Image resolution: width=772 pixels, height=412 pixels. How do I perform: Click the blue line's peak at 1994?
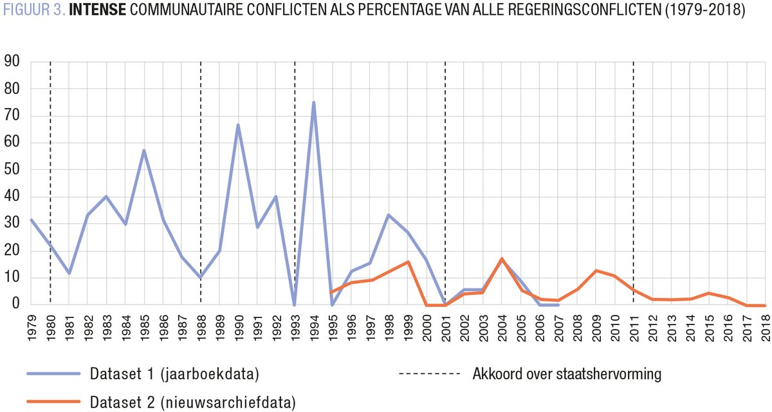click(313, 102)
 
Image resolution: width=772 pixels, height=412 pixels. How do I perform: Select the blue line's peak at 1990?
click(238, 125)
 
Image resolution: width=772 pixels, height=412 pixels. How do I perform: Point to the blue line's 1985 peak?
click(144, 151)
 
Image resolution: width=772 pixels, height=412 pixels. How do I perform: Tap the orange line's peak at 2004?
click(501, 259)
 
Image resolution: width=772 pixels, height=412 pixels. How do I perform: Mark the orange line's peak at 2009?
click(596, 270)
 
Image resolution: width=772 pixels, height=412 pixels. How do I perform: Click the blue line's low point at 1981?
click(69, 273)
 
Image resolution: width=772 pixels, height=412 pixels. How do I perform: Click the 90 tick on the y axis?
click(12, 62)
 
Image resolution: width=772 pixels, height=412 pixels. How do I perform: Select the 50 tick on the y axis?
click(12, 170)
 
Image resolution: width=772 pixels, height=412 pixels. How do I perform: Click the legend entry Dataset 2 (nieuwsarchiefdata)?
click(192, 403)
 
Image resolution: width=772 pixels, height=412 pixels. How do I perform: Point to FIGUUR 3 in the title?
click(33, 12)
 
